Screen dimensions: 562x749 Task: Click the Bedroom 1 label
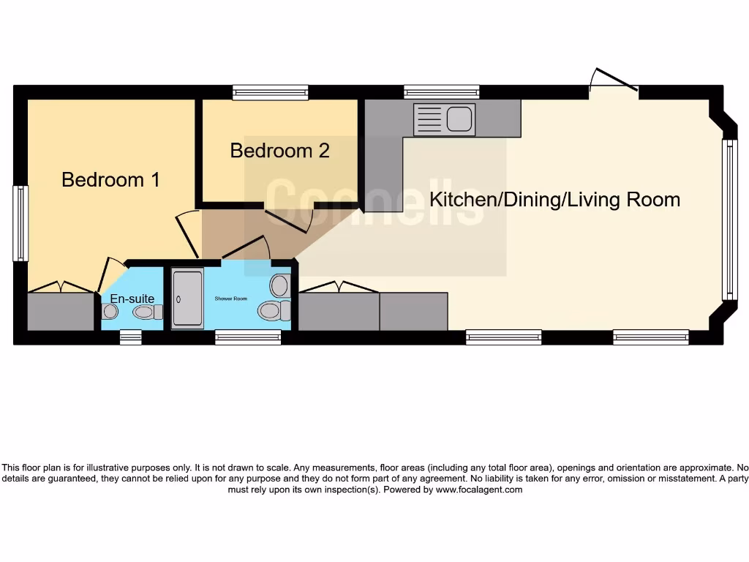pyautogui.click(x=110, y=179)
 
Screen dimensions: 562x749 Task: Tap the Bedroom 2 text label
pyautogui.click(x=279, y=151)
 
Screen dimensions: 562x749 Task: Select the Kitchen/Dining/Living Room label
pyautogui.click(x=554, y=199)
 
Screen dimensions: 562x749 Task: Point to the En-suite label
pyautogui.click(x=132, y=299)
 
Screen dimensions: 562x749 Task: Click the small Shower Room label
pyautogui.click(x=231, y=299)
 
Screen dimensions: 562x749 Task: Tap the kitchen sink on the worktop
pyautogui.click(x=444, y=119)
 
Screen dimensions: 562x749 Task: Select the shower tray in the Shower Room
pyautogui.click(x=187, y=299)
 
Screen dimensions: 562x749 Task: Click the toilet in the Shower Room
pyautogui.click(x=274, y=311)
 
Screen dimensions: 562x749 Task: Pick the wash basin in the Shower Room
pyautogui.click(x=279, y=284)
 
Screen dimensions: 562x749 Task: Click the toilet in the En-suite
pyautogui.click(x=147, y=312)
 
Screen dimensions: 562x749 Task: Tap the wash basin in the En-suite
pyautogui.click(x=110, y=312)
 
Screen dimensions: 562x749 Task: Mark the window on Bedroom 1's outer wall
pyautogui.click(x=20, y=223)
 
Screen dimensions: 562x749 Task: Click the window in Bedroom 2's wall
pyautogui.click(x=271, y=92)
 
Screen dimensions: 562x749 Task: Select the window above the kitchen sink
pyautogui.click(x=441, y=92)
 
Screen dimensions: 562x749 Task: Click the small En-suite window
pyautogui.click(x=130, y=337)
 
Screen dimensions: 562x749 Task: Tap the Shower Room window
pyautogui.click(x=248, y=337)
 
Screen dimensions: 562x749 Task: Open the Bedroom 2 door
pyautogui.click(x=288, y=218)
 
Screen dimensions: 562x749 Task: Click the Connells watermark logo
pyautogui.click(x=374, y=201)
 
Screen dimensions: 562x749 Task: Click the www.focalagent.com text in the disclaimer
pyautogui.click(x=479, y=490)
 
